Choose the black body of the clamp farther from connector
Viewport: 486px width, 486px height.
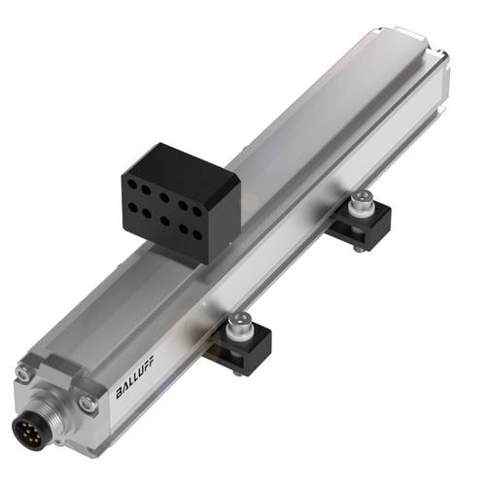tap(367, 226)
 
